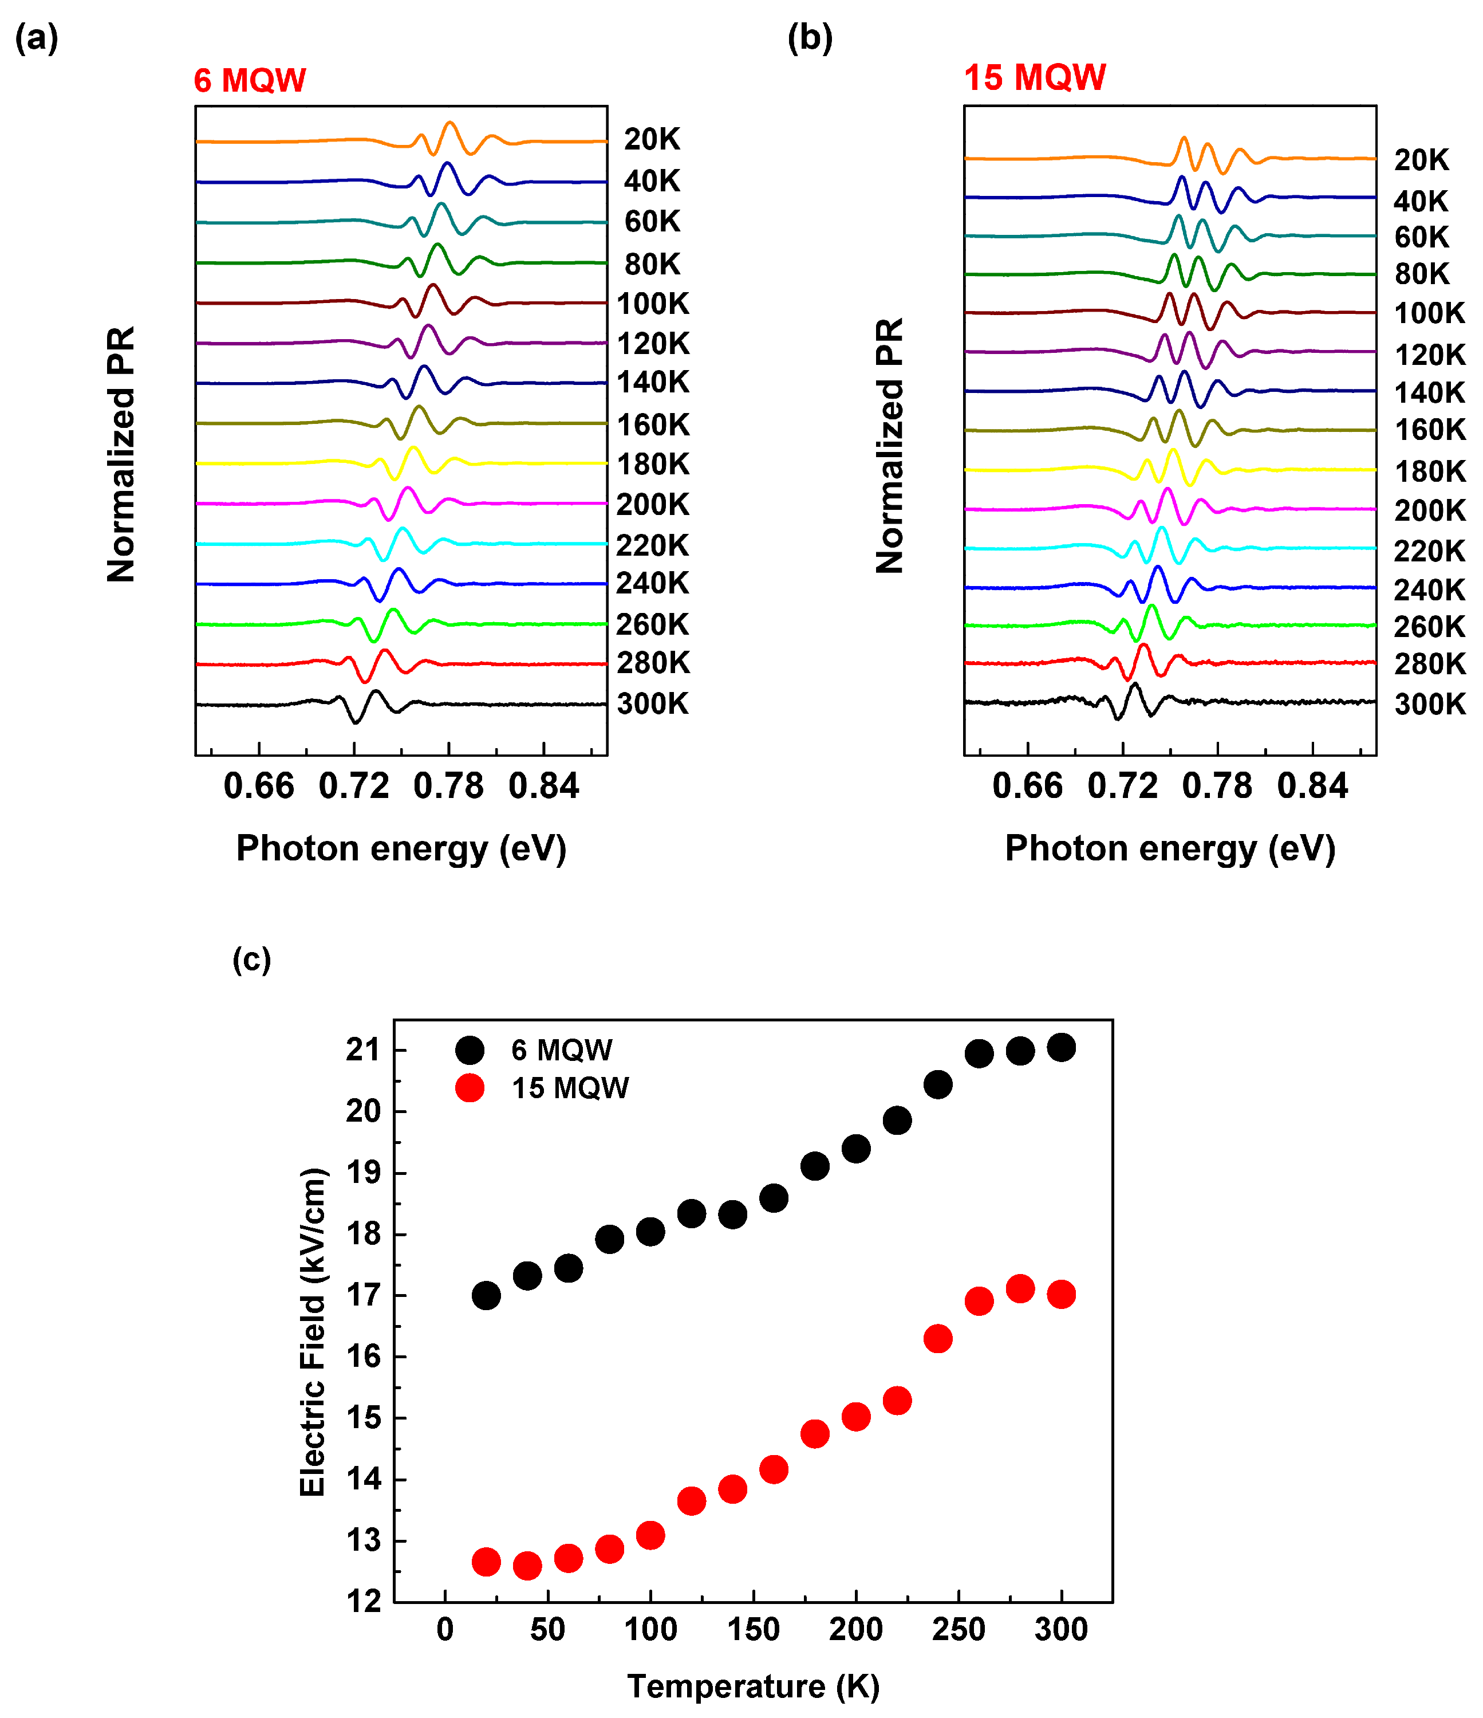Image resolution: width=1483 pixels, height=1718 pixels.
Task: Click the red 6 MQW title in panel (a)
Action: click(250, 80)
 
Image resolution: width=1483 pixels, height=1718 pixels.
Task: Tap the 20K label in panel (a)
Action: click(652, 139)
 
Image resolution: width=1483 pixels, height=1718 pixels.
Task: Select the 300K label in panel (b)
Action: click(1429, 704)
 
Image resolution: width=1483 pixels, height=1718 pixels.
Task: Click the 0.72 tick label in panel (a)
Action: click(354, 786)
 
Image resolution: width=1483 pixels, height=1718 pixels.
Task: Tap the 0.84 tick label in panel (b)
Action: click(1312, 786)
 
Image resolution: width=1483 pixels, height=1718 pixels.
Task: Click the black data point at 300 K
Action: click(1061, 1048)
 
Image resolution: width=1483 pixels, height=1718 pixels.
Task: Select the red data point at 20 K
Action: click(486, 1562)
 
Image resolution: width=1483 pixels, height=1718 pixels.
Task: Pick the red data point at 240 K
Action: click(937, 1339)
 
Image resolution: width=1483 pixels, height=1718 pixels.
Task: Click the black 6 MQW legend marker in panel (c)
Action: click(469, 1051)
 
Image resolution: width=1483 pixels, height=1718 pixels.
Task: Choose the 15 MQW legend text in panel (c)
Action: click(570, 1088)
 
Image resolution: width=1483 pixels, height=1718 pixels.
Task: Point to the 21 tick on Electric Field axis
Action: click(362, 1051)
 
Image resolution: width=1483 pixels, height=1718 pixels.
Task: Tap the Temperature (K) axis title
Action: click(753, 1686)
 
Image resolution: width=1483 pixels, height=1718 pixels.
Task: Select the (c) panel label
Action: click(251, 960)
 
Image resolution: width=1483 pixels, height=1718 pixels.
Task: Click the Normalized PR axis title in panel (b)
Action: click(889, 446)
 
